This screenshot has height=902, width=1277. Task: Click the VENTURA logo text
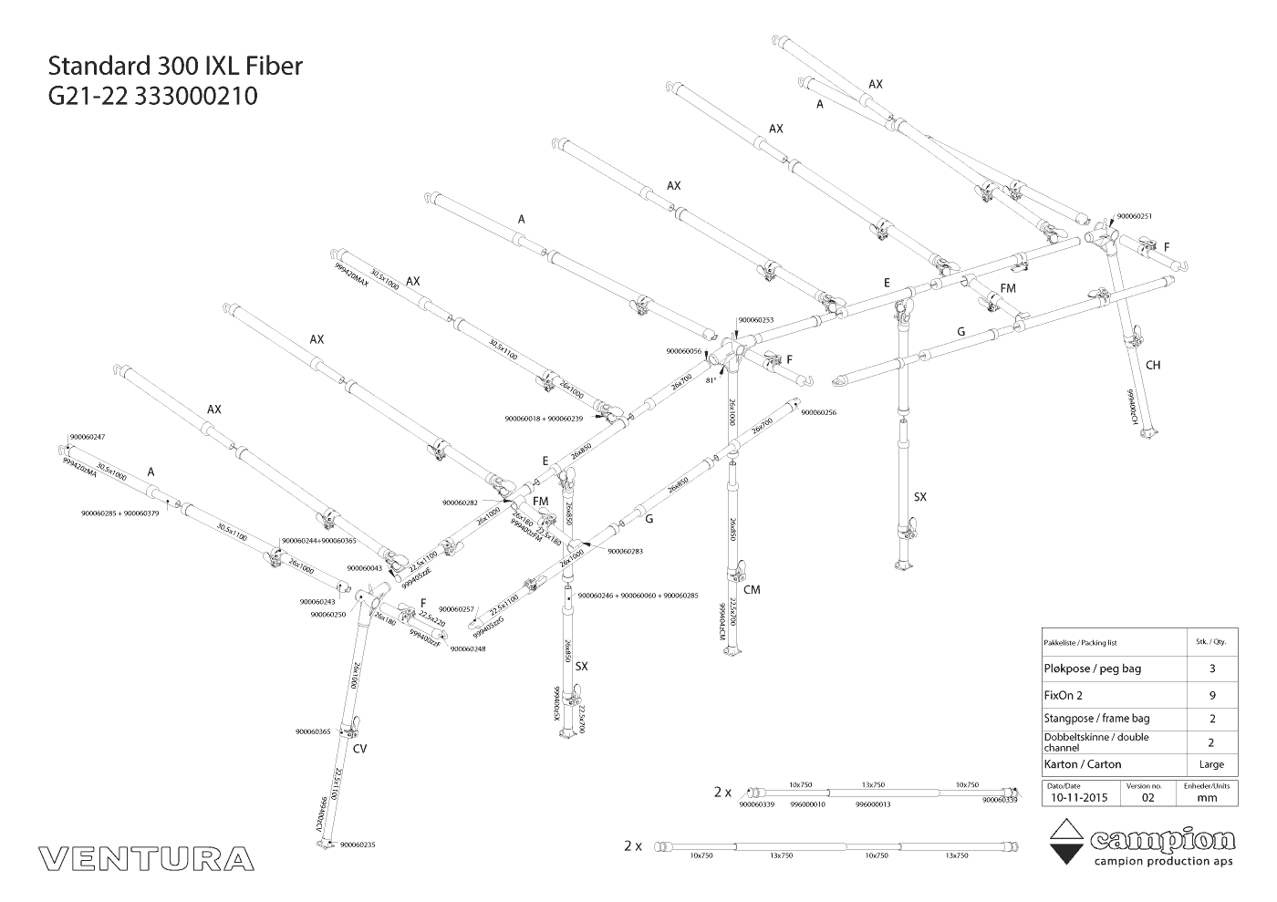pyautogui.click(x=147, y=858)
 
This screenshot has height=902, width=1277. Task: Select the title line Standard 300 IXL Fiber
pyautogui.click(x=174, y=67)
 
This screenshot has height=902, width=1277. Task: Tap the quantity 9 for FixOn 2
pyautogui.click(x=1211, y=694)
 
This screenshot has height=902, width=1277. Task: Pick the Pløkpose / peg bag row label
pyautogui.click(x=1092, y=669)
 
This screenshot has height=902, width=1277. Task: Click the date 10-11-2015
pyautogui.click(x=1078, y=797)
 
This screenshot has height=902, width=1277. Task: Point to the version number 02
pyautogui.click(x=1147, y=797)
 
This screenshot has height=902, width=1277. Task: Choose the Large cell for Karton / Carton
pyautogui.click(x=1211, y=764)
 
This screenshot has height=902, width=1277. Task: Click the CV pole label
pyautogui.click(x=359, y=747)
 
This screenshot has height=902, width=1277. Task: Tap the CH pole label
pyautogui.click(x=1153, y=366)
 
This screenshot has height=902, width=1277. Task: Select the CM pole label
pyautogui.click(x=752, y=590)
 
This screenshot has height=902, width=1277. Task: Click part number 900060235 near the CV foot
pyautogui.click(x=358, y=845)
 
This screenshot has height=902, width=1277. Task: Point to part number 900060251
pyautogui.click(x=1135, y=216)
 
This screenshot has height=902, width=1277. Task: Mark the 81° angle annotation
pyautogui.click(x=711, y=381)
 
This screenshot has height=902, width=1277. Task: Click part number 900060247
pyautogui.click(x=88, y=438)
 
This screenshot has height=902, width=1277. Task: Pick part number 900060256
pyautogui.click(x=818, y=412)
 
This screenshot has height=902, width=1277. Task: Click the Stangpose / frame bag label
pyautogui.click(x=1096, y=719)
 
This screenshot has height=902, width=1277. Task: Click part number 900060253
pyautogui.click(x=755, y=320)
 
